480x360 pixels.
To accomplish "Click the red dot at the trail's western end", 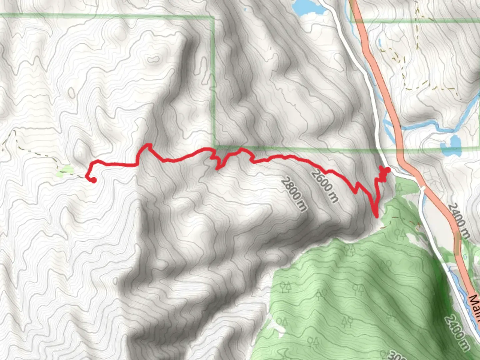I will pos(94,180).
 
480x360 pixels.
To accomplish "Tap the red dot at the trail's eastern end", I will pos(388,170).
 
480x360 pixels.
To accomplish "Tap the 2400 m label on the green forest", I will pos(457,332).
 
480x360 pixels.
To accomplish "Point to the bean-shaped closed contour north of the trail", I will pos(153,60).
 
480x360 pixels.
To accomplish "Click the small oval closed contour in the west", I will pos(72,92).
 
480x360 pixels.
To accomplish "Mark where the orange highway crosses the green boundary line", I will pos(399,149).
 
